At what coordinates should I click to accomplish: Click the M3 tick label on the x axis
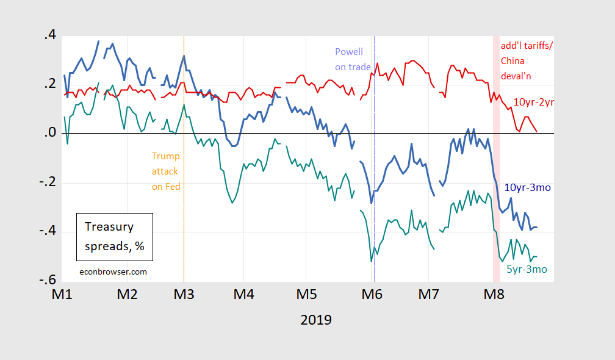coord(184,294)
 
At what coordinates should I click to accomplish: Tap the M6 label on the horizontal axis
coord(372,294)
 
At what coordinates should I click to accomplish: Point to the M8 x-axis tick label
coord(494,294)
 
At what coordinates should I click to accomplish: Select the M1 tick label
coord(62,294)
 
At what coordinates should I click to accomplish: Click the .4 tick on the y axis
coord(50,35)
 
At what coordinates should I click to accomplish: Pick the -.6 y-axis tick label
coord(48,280)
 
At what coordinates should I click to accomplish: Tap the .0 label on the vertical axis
coord(50,132)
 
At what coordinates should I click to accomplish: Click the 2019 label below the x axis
coord(316,320)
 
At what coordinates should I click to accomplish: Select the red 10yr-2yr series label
coord(533,103)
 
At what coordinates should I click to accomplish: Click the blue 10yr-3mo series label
coord(528,187)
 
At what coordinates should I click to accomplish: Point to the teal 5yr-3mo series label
coord(527,270)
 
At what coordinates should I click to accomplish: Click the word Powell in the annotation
coord(349,52)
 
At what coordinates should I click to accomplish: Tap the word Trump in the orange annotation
coord(166,156)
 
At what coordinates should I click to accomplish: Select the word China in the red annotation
coord(512,61)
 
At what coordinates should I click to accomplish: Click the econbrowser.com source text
coord(113,272)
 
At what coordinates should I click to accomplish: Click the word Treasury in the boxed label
coord(109,226)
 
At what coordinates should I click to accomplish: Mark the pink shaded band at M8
coord(496,159)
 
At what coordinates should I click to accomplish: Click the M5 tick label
coord(307,294)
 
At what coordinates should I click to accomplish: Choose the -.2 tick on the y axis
coord(48,182)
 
